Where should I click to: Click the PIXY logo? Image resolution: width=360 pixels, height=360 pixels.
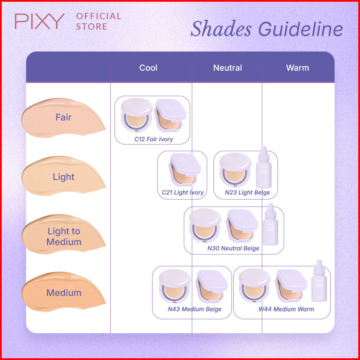coord(40,21)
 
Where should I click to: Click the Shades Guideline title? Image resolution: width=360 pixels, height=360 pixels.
coord(267,29)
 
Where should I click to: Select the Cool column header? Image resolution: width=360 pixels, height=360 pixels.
coord(148,68)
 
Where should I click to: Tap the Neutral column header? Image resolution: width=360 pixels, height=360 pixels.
coord(228,68)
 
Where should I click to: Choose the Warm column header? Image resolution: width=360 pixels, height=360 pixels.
coord(298,68)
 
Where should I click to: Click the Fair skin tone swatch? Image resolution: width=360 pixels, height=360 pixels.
coord(63,118)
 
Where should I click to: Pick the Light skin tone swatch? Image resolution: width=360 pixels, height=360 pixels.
coord(63,177)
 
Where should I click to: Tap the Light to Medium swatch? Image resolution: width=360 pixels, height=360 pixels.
coord(63,236)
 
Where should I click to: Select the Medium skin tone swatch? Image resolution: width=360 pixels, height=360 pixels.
coord(63,293)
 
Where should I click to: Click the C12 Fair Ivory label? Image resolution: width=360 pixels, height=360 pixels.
coord(154,139)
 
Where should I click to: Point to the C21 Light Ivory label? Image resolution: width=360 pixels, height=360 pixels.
coord(183,193)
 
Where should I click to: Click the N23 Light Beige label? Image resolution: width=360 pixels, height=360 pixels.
coord(247,193)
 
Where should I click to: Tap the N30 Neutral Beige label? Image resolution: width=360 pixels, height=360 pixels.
coord(233,249)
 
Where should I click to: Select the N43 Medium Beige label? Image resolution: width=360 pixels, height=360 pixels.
coord(195,309)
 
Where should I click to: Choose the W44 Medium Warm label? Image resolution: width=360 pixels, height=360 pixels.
coord(286,309)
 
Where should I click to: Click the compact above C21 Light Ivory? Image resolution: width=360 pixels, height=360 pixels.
coord(185,171)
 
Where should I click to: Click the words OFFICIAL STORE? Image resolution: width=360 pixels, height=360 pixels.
coord(99,21)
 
